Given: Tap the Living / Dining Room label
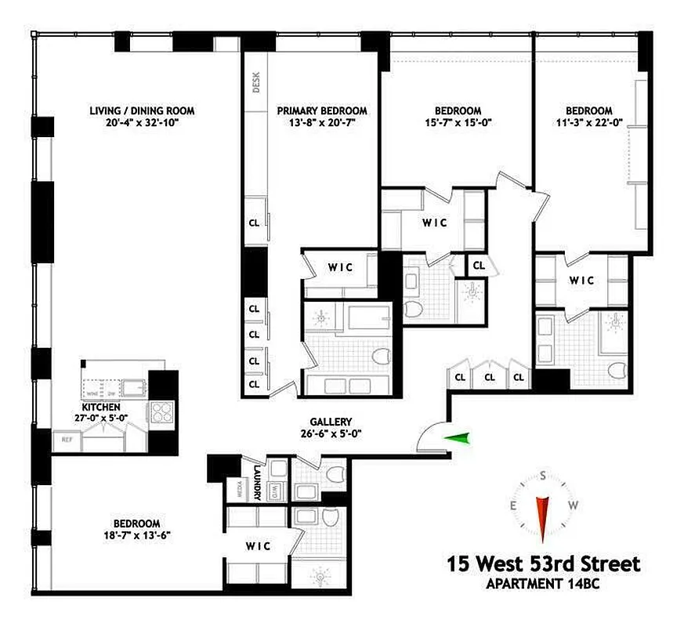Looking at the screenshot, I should tap(142, 111).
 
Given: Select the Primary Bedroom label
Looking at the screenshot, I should tap(322, 111).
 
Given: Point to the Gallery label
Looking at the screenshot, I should tap(330, 421).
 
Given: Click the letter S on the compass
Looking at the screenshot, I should tap(542, 475).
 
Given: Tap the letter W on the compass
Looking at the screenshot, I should tap(574, 505).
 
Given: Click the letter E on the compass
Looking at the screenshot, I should tap(513, 505).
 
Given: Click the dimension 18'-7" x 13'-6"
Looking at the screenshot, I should tap(136, 536).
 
